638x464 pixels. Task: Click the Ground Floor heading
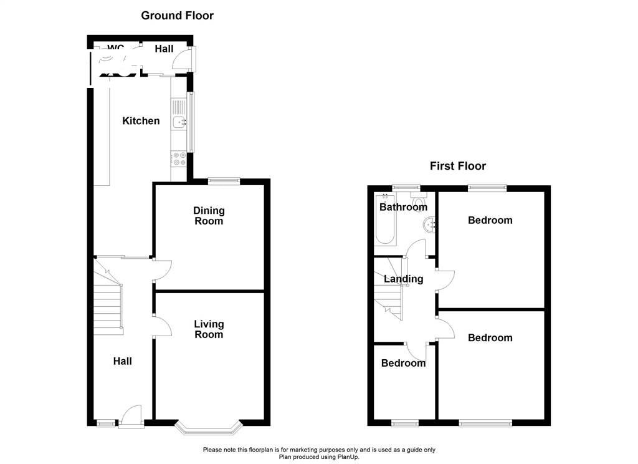point(177,16)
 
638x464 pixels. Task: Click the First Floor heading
point(457,166)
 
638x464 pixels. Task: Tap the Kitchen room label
point(141,121)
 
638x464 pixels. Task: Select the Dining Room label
point(209,216)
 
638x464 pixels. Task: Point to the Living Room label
point(209,329)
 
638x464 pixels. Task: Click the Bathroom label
point(403,207)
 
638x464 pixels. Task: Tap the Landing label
point(403,279)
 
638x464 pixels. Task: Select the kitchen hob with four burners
point(179,159)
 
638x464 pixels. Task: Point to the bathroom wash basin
point(429,225)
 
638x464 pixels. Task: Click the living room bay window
point(208,428)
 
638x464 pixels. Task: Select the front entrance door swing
point(131,416)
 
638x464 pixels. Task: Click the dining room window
point(224,181)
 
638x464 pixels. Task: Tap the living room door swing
point(161,326)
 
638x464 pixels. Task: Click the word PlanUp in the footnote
point(348,457)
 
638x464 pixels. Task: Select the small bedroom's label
point(403,363)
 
